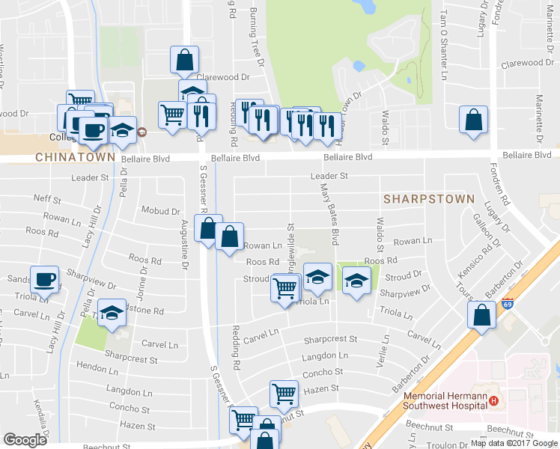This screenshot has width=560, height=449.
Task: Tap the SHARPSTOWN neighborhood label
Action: [429, 199]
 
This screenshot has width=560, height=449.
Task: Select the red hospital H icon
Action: [494, 401]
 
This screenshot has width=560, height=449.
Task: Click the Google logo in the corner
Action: [25, 440]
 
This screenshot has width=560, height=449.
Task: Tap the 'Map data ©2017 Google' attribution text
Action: [514, 443]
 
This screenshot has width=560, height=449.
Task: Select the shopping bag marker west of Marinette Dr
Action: [473, 120]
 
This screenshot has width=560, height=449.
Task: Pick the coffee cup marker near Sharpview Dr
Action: [45, 280]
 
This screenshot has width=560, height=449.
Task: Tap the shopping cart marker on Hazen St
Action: [284, 393]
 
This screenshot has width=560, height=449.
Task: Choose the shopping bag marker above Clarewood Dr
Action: [184, 61]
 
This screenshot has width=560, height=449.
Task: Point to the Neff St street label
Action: [47, 198]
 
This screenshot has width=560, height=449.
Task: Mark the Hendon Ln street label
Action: [92, 368]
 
